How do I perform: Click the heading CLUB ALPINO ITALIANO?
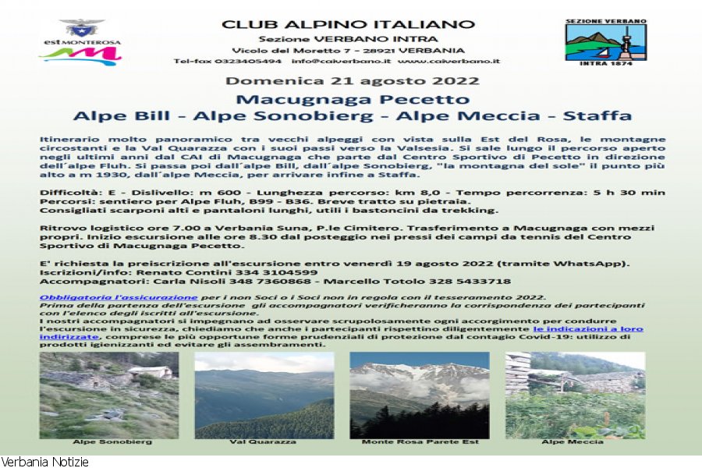[x=349, y=23]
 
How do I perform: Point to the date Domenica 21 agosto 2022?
[x=352, y=81]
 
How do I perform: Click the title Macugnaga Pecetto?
[x=353, y=99]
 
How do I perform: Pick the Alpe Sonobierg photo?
[x=108, y=395]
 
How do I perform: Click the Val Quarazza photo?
[x=264, y=395]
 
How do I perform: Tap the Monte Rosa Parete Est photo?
[x=420, y=395]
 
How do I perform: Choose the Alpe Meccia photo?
[x=575, y=395]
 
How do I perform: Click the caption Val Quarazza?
[x=264, y=442]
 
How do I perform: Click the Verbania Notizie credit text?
[x=44, y=462]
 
